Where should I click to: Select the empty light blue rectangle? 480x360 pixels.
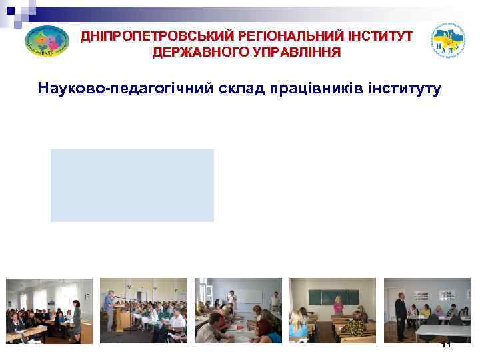click(x=132, y=185)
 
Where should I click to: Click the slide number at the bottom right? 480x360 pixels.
click(x=446, y=344)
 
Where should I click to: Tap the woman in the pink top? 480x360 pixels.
click(x=339, y=306)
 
